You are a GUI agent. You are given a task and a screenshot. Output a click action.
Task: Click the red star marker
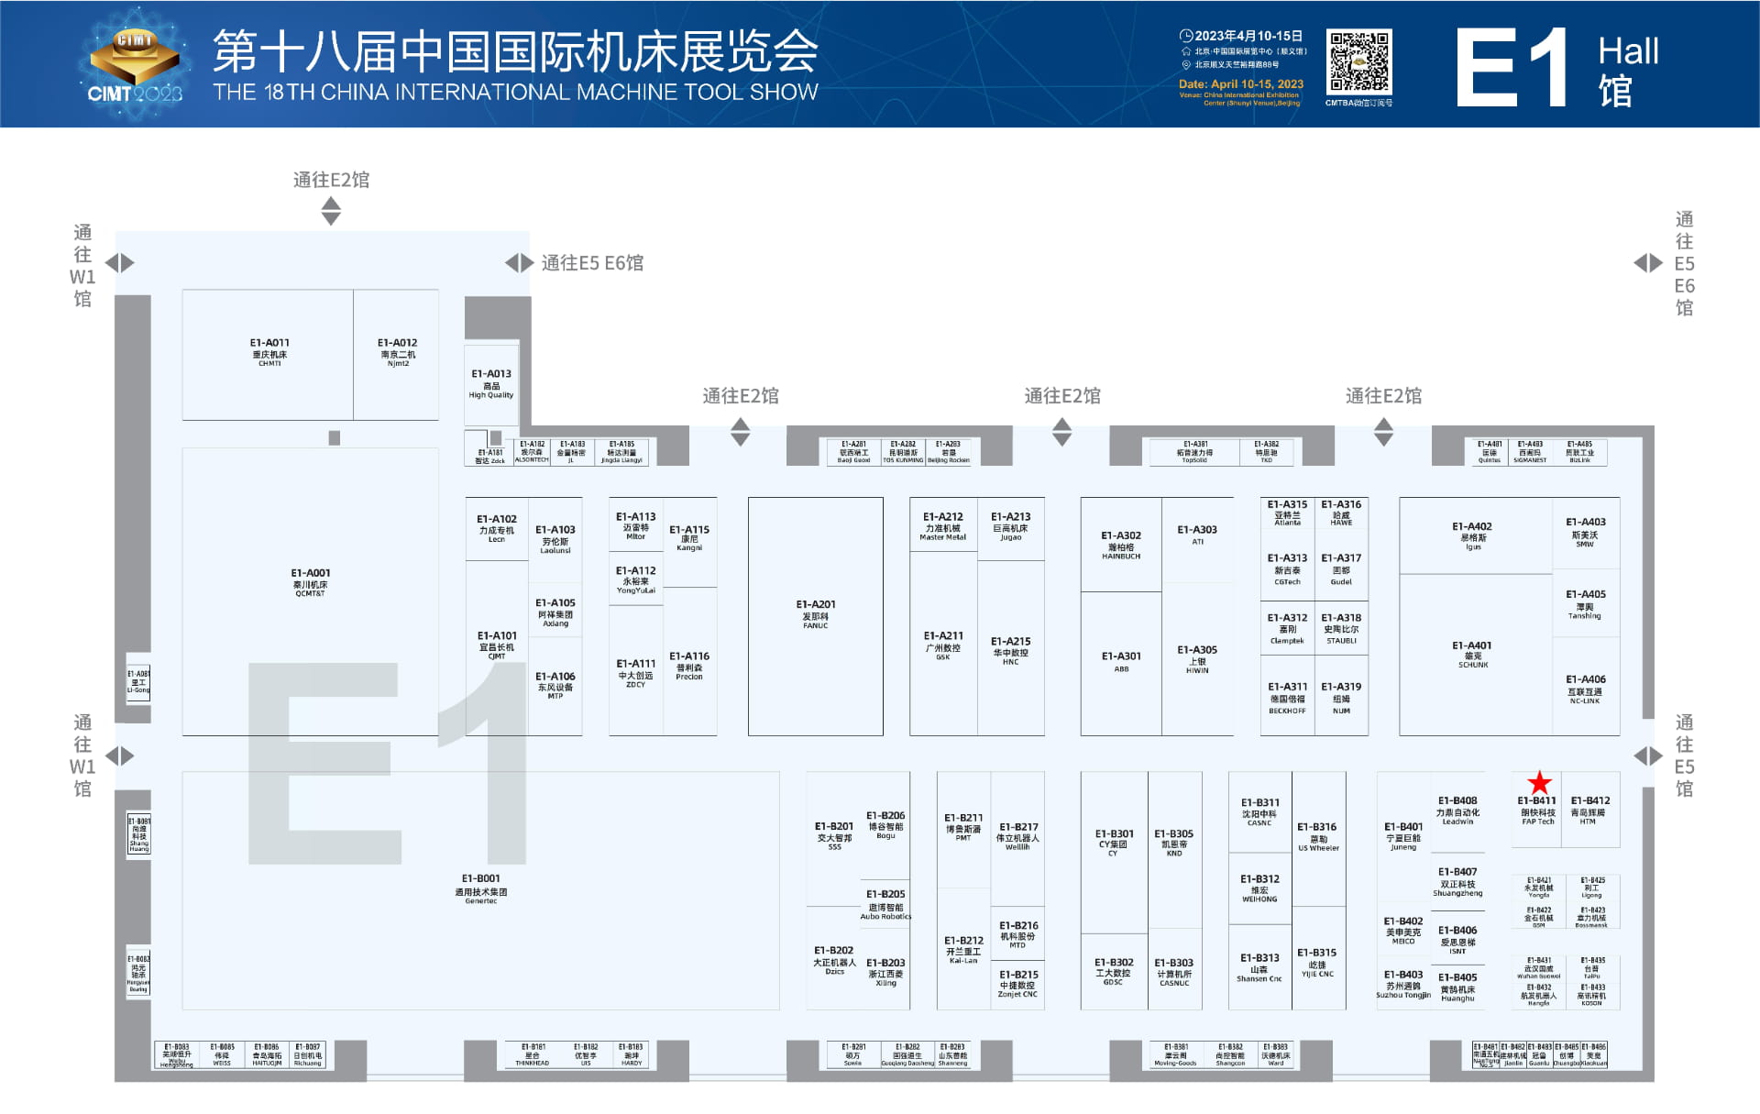(1539, 783)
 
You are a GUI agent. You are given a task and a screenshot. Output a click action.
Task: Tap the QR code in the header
(1360, 61)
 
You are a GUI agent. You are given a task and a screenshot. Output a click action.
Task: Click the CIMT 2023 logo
(135, 65)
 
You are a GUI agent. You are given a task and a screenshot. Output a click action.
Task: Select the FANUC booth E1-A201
(815, 614)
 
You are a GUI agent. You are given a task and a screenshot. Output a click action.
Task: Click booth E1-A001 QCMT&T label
(310, 582)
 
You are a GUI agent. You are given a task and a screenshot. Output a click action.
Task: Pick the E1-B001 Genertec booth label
(480, 888)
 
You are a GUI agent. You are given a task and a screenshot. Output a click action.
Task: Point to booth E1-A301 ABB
(1121, 661)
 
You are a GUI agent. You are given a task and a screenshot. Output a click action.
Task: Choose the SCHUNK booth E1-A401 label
(1472, 654)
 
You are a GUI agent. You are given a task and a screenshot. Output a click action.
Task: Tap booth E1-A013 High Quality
(491, 383)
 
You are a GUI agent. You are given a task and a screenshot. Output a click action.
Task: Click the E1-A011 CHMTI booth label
(269, 352)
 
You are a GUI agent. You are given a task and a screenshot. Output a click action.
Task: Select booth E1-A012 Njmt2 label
(397, 352)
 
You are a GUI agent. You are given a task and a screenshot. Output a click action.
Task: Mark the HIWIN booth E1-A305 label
(1197, 658)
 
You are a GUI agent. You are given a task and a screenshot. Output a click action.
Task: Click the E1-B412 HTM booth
(1589, 810)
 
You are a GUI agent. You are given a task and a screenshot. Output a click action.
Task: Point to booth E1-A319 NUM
(1341, 697)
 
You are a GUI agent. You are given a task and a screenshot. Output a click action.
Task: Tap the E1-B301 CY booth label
(1114, 842)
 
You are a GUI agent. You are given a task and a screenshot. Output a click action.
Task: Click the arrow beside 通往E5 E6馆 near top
(519, 263)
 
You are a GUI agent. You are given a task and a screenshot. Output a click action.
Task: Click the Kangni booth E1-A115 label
(689, 537)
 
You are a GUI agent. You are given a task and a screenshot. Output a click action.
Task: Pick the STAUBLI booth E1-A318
(1341, 628)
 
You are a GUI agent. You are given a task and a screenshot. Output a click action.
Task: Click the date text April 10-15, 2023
(1240, 83)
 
